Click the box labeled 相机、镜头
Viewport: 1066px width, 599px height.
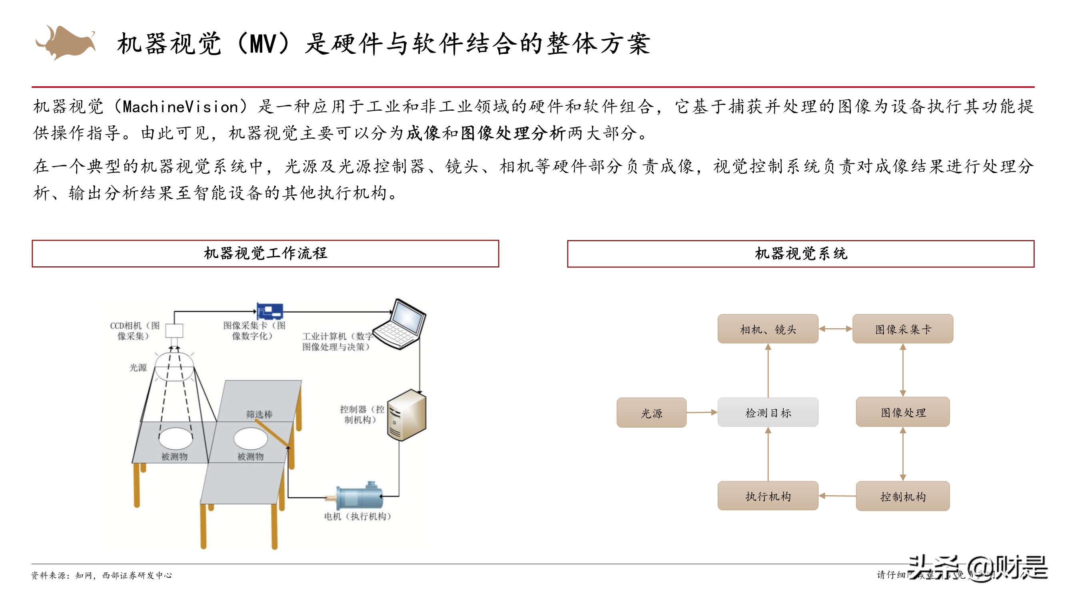tap(768, 329)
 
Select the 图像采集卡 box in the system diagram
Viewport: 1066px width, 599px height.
tap(902, 329)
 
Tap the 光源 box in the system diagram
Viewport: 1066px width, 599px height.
tap(651, 413)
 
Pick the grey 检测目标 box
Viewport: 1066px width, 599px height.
tap(768, 413)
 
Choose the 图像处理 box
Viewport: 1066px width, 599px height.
tap(902, 412)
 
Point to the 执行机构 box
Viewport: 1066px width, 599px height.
tap(768, 496)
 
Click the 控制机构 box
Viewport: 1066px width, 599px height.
tap(902, 496)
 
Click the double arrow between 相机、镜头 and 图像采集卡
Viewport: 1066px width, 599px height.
tap(835, 329)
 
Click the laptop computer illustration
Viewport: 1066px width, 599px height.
tap(400, 325)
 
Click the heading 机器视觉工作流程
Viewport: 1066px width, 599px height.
tap(265, 254)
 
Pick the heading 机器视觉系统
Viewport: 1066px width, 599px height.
tap(800, 254)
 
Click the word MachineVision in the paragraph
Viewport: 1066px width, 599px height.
tap(181, 107)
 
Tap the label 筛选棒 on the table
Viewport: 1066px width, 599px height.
tap(259, 414)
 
